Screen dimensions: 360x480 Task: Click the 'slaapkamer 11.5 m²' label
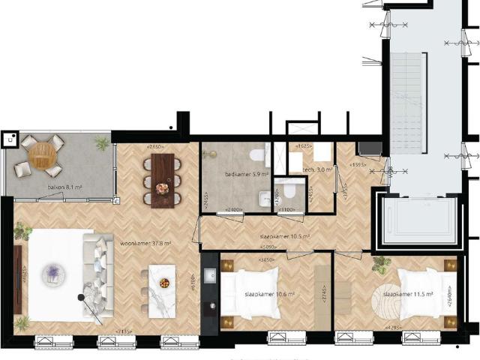(x=408, y=295)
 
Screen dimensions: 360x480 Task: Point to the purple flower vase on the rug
(x=54, y=271)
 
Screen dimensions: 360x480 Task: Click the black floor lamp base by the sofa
(x=81, y=298)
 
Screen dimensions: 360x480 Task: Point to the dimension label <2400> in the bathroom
(x=233, y=210)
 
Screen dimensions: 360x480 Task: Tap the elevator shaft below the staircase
(x=420, y=219)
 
